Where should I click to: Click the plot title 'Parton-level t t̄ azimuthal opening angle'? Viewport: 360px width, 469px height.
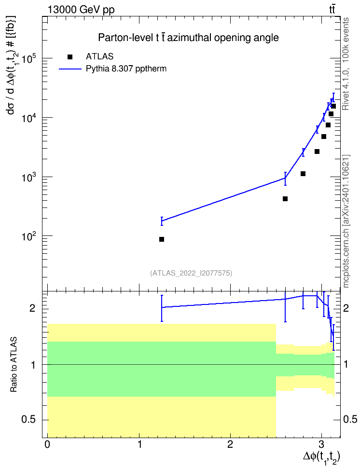click(189, 38)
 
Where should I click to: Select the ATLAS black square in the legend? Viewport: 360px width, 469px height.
click(70, 57)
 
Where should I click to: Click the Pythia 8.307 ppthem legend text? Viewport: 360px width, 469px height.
click(126, 69)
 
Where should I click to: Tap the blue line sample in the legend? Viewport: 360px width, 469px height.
click(70, 69)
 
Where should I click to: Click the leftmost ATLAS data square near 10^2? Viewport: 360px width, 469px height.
click(162, 239)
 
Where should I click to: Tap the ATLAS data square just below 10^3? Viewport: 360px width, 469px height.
click(285, 199)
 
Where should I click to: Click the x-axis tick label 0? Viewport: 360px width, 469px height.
click(47, 444)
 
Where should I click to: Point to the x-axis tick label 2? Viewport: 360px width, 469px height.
click(230, 444)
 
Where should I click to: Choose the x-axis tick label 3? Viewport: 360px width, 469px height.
click(322, 444)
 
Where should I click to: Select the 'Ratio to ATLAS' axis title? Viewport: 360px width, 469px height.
click(14, 364)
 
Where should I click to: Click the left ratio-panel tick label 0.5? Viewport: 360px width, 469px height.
click(28, 420)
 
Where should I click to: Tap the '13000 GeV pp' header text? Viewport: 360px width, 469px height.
click(81, 10)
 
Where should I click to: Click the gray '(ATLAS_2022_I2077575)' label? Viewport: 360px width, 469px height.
click(191, 273)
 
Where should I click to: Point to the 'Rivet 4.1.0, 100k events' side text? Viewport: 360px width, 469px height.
click(346, 64)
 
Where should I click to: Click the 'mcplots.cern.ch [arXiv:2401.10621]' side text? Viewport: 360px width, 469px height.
click(346, 221)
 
